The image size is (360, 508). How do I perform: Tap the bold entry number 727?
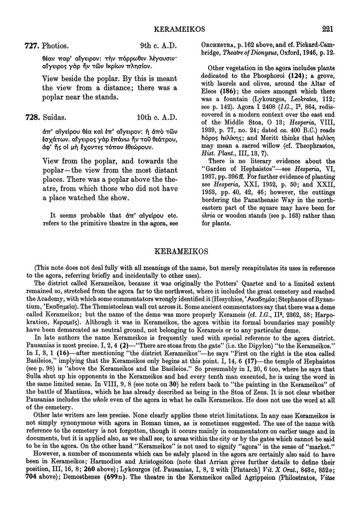(32, 46)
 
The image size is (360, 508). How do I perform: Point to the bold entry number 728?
(32, 119)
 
